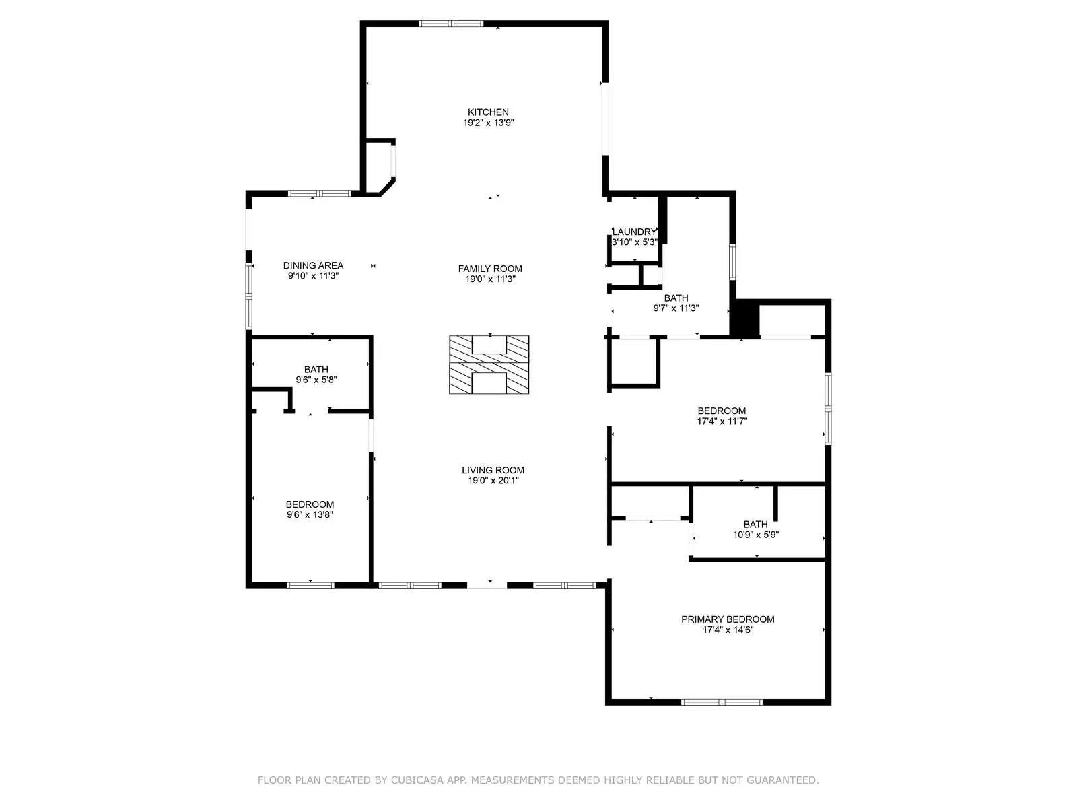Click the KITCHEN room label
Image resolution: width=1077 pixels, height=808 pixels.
click(x=488, y=112)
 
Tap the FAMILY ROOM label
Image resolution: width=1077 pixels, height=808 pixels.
click(x=489, y=269)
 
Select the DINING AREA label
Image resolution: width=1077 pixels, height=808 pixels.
click(x=313, y=265)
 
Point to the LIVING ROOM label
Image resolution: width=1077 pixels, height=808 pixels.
click(x=493, y=470)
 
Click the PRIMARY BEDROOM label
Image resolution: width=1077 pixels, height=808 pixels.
click(x=728, y=619)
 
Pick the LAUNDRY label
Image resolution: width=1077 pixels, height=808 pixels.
click(x=634, y=232)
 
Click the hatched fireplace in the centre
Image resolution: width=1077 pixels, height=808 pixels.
click(x=489, y=364)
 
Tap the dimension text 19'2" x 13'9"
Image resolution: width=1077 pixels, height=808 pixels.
click(x=488, y=123)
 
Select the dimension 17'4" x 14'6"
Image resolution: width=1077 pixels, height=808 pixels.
click(x=728, y=630)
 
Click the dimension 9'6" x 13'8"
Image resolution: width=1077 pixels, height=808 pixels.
click(x=310, y=514)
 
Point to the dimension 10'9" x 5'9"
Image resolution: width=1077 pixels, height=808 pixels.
click(x=756, y=535)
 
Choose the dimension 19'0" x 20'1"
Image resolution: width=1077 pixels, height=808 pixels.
click(x=493, y=480)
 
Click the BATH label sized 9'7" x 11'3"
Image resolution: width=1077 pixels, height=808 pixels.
click(x=676, y=298)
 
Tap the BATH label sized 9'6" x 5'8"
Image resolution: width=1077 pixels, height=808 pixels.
click(x=316, y=370)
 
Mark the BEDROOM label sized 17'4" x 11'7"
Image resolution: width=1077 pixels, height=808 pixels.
click(x=722, y=411)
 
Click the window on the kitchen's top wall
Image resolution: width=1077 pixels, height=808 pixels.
click(x=451, y=24)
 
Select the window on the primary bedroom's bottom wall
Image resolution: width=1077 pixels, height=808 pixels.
click(x=722, y=702)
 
